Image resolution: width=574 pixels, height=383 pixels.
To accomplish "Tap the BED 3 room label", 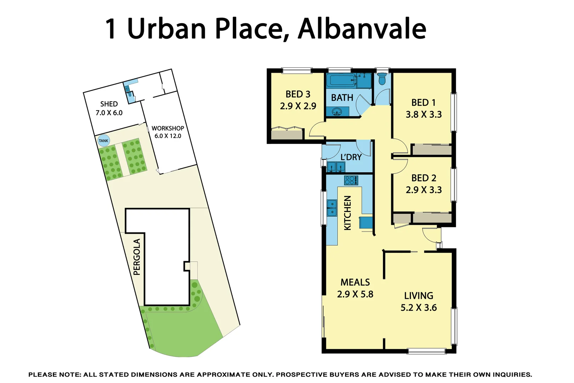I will point(298,94).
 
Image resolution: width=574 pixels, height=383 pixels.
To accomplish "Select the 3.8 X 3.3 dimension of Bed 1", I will point(423,115).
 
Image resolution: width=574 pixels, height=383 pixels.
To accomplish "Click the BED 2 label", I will point(423,178).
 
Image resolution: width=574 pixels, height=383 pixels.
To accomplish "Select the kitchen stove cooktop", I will point(351,180).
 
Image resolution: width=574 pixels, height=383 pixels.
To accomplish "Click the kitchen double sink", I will point(332,208).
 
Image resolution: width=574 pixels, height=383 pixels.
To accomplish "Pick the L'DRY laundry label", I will point(351,157).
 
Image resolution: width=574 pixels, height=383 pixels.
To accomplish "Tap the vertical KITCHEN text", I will point(348,213).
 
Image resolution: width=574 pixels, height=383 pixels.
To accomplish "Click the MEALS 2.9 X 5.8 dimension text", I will point(355,294).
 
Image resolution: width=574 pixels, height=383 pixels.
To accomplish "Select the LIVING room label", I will point(418,296).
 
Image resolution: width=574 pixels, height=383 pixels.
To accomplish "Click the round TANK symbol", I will point(103,141).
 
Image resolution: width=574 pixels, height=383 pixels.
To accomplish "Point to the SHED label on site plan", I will point(109,104).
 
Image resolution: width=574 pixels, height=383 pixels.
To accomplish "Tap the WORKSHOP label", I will point(168,128).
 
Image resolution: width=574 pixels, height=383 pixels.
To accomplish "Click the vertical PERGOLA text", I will point(137,257).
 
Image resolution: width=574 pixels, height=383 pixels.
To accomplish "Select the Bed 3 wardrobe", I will point(287,134).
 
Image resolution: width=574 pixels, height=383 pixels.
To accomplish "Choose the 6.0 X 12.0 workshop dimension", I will point(168,136).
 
